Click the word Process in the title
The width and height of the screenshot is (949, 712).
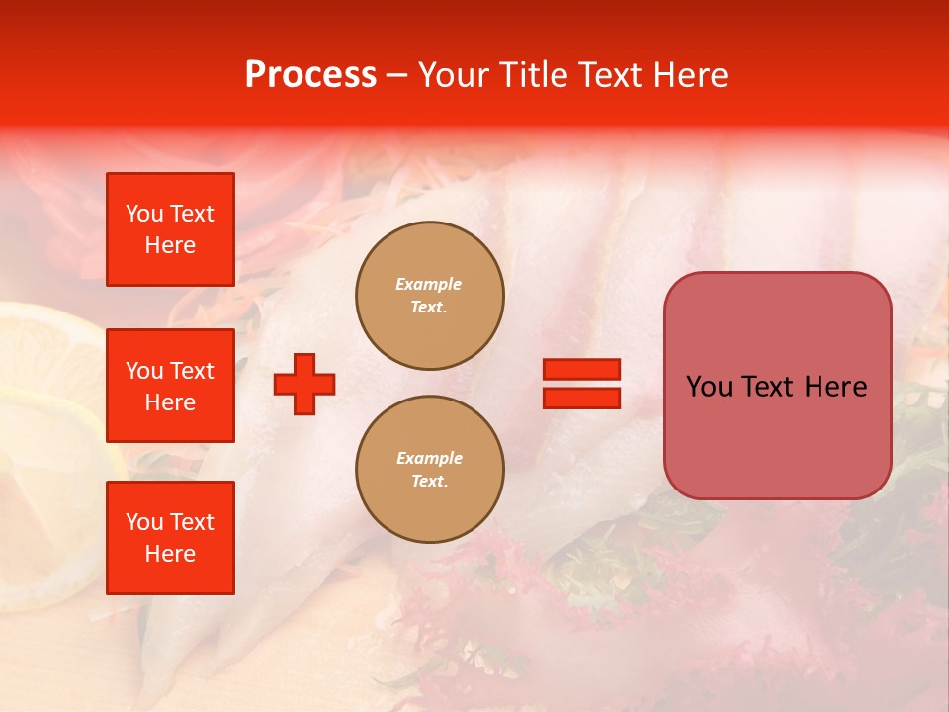pyautogui.click(x=310, y=75)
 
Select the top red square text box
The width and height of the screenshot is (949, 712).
pyautogui.click(x=170, y=229)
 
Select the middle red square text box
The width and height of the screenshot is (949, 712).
pyautogui.click(x=170, y=386)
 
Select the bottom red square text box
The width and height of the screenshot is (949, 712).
pyautogui.click(x=170, y=537)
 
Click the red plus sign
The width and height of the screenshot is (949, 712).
pyautogui.click(x=304, y=384)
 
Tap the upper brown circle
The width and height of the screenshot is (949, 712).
pyautogui.click(x=430, y=296)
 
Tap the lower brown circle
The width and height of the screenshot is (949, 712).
pyautogui.click(x=430, y=470)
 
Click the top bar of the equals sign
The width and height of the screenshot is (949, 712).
pyautogui.click(x=581, y=369)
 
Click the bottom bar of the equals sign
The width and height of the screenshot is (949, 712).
pyautogui.click(x=581, y=398)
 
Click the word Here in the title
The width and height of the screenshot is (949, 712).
pyautogui.click(x=691, y=75)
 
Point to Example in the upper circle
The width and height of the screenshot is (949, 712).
pyautogui.click(x=429, y=284)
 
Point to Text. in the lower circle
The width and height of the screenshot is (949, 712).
pyautogui.click(x=429, y=482)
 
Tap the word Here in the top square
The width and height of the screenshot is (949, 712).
pyautogui.click(x=170, y=245)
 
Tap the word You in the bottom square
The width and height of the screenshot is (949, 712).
pyautogui.click(x=143, y=521)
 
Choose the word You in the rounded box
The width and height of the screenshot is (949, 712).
pyautogui.click(x=709, y=387)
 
